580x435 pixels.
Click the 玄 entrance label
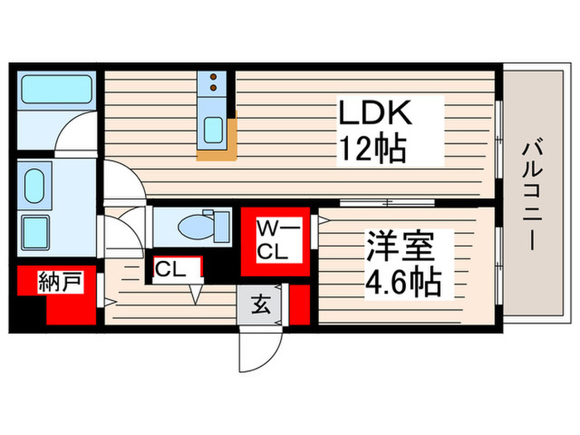(261, 304)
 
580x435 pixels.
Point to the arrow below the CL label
(196, 294)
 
